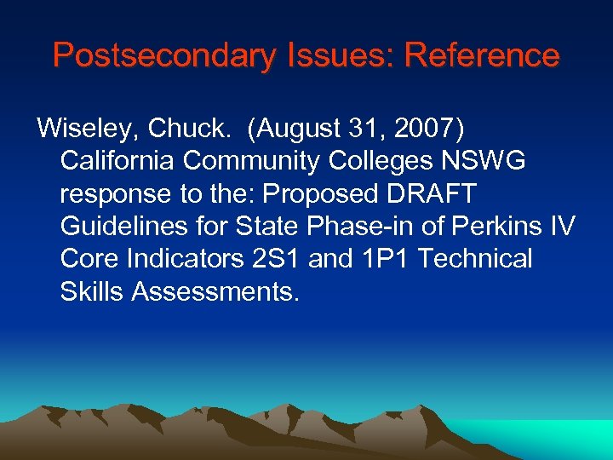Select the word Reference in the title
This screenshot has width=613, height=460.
482,56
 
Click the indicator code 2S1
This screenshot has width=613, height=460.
272,259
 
